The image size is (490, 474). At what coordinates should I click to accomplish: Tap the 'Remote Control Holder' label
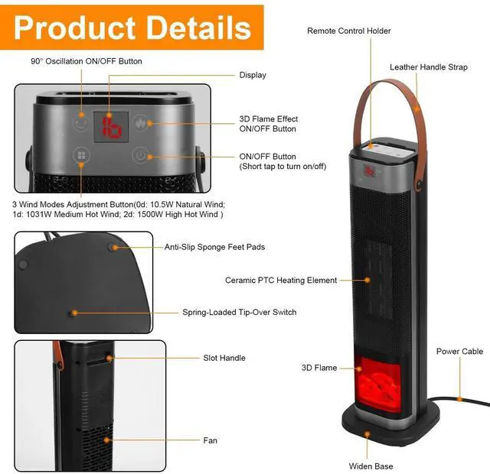click(348, 31)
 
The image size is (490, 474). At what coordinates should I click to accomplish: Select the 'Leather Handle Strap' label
click(428, 67)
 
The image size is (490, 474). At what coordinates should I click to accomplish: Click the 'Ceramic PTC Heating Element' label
click(281, 281)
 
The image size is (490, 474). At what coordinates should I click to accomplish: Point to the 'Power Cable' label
click(459, 352)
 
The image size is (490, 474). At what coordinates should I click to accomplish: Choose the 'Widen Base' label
click(371, 466)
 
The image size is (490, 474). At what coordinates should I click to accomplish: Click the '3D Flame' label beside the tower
click(318, 368)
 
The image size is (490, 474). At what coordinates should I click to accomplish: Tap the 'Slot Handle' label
click(224, 358)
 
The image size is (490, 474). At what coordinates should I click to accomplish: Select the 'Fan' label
click(210, 440)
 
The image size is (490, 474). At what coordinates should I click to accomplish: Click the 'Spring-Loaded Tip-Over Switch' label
click(239, 312)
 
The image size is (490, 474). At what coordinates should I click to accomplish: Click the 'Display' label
click(253, 75)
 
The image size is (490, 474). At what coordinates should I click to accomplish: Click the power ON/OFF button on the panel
click(140, 156)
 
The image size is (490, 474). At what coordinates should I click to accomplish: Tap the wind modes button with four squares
click(80, 156)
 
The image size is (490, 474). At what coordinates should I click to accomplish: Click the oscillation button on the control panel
click(80, 122)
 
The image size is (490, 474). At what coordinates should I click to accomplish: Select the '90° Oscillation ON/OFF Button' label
click(87, 61)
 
